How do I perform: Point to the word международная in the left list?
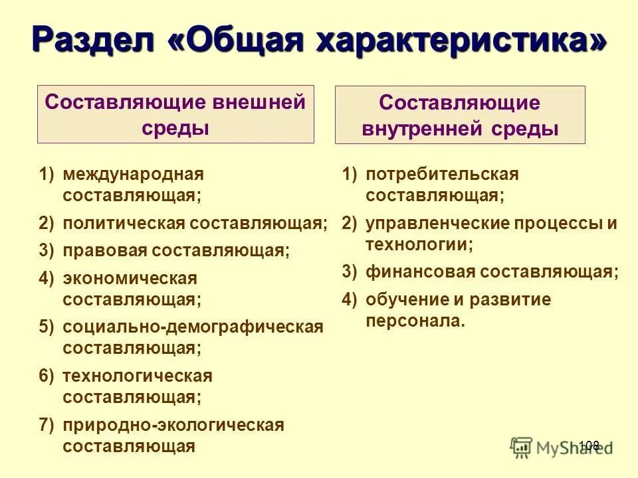pos(133,175)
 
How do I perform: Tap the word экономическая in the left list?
pos(130,278)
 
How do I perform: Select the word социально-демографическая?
pos(193,327)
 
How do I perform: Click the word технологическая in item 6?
pos(137,376)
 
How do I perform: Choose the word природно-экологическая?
pos(173,425)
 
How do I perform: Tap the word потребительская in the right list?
pos(442,175)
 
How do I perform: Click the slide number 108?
pos(589,445)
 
